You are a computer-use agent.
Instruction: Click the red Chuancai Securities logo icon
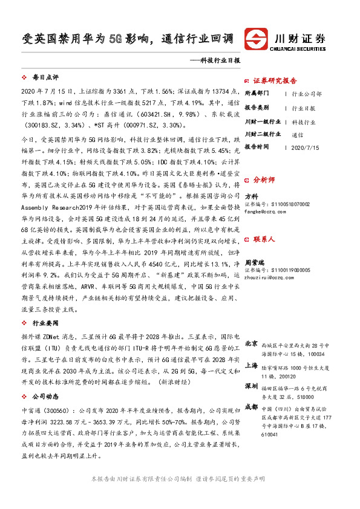tap(255, 39)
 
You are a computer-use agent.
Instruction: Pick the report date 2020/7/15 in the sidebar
tap(304, 147)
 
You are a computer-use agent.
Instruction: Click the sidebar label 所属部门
tap(257, 94)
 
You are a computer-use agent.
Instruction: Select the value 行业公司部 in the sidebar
tap(306, 95)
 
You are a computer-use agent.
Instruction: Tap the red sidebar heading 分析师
tap(264, 180)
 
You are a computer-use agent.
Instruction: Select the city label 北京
tap(251, 343)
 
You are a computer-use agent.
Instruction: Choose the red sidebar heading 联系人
tap(264, 239)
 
